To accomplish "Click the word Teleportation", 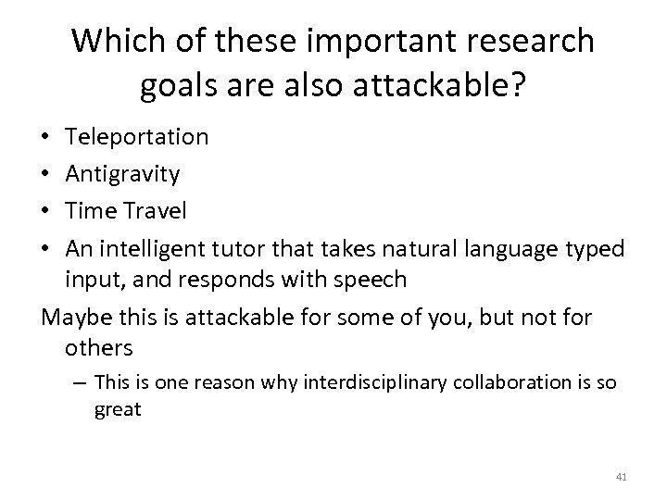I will click(x=137, y=137).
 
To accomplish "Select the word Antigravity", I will click(x=123, y=174).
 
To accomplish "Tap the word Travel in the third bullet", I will click(x=153, y=211).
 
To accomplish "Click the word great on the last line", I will click(x=118, y=409).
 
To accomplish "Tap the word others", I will click(x=99, y=349).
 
